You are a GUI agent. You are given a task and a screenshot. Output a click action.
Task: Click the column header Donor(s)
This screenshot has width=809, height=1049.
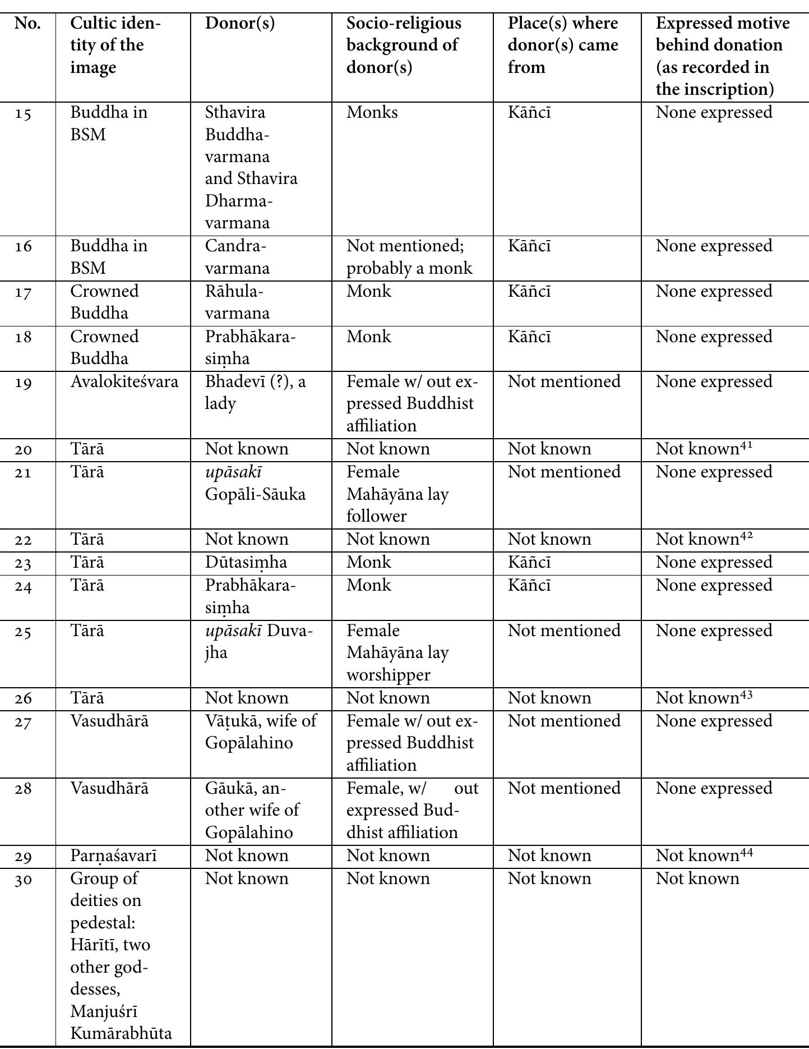coord(239,24)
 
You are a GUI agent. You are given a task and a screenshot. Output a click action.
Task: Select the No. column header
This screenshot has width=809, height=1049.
coord(27,24)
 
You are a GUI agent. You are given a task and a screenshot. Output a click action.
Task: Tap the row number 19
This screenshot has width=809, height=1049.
coord(24,383)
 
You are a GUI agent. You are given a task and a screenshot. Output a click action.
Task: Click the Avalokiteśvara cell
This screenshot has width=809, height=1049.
coord(124,382)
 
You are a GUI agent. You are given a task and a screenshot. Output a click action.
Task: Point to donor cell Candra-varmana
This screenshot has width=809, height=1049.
coord(237,257)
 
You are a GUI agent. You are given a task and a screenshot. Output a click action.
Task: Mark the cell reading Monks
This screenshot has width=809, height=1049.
coord(372,113)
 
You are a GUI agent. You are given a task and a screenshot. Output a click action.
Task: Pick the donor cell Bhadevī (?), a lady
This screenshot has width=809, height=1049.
coord(255,393)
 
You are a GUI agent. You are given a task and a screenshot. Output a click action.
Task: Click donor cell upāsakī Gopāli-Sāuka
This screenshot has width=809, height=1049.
coord(255,483)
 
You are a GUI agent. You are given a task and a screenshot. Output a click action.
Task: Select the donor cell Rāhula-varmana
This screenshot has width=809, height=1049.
coord(237,302)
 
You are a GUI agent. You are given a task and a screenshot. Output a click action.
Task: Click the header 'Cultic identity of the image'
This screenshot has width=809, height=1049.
coord(115,45)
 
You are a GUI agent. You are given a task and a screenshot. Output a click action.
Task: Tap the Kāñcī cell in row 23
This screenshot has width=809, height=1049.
coord(529,563)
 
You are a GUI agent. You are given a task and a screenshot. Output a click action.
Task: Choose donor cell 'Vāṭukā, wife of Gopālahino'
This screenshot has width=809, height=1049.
coord(261,732)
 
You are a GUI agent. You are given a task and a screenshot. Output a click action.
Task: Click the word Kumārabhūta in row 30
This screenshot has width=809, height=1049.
coord(121,1033)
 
